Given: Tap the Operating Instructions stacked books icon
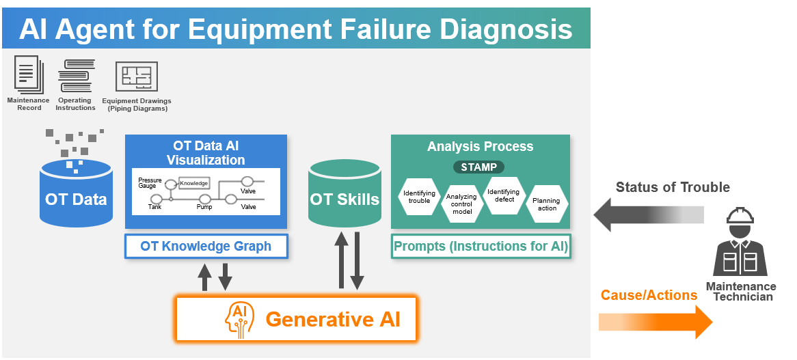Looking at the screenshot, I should coord(75,77).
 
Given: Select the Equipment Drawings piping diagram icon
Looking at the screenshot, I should coord(137,77).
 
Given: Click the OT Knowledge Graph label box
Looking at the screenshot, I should coord(206,247).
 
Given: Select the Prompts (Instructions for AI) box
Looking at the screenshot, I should coord(481,247).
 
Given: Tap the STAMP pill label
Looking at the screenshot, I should coord(478,167).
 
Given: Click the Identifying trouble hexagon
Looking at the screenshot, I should coord(419,197).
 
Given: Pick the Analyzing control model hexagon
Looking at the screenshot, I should coord(461,204).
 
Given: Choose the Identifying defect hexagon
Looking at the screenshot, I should coord(504,196).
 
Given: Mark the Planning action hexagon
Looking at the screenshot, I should coord(547,204).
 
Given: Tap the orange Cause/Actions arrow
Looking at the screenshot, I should coord(655,322).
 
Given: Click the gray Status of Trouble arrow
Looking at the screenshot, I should coord(648,214).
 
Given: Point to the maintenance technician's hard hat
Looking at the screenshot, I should coord(740,217).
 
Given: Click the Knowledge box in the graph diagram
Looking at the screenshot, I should coord(193,183).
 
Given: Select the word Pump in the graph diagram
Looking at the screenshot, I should coord(204,206).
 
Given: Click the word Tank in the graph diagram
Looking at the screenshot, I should coord(155,206).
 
